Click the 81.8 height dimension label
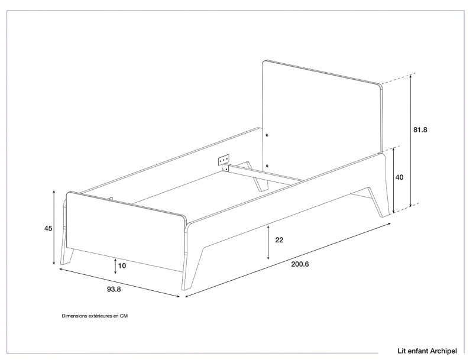click(420, 129)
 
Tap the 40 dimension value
click(399, 177)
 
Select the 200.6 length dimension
click(300, 264)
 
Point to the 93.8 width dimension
click(114, 289)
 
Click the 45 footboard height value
click(48, 228)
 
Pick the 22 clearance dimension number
click(279, 239)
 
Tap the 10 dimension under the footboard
click(122, 265)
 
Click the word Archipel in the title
click(443, 351)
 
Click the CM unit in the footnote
click(124, 316)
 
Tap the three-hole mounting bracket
click(223, 160)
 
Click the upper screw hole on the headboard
click(267, 135)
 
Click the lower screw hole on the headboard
click(267, 166)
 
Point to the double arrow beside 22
click(268, 242)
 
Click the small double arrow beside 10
click(115, 266)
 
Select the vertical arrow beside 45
click(54, 228)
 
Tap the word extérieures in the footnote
click(99, 316)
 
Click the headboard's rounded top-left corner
click(264, 62)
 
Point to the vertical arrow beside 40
click(393, 180)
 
